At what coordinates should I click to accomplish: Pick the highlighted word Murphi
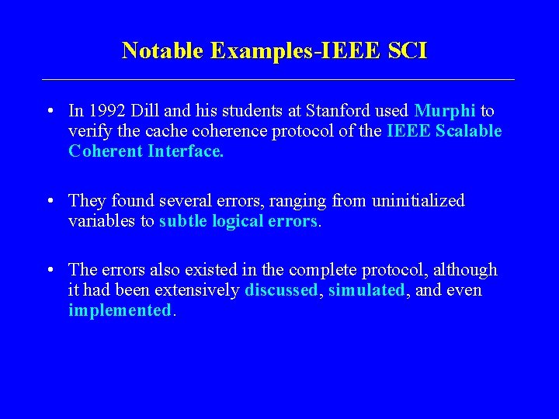pos(445,111)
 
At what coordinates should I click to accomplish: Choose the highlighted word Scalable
pos(469,131)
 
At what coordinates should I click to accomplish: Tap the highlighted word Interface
pos(186,151)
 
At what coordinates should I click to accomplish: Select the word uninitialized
pos(418,201)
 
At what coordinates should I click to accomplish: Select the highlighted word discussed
pos(281,290)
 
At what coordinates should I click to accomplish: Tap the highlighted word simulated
pos(366,290)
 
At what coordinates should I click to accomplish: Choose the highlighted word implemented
pos(120,310)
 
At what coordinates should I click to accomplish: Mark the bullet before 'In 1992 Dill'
pos(49,112)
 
